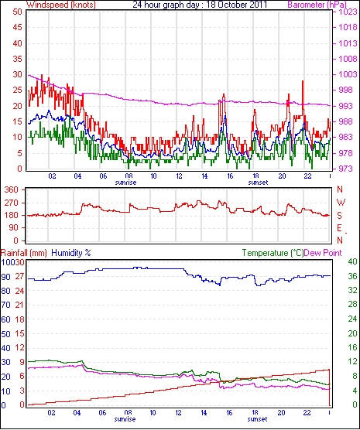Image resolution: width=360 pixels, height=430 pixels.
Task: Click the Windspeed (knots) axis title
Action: coord(61,5)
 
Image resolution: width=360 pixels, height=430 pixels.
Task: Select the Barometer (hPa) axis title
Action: coord(317,5)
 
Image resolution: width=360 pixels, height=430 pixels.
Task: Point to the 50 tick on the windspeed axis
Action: coord(17,12)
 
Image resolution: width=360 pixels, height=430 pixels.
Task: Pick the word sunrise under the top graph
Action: coord(125,183)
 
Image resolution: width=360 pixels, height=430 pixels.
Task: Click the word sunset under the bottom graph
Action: coord(257,419)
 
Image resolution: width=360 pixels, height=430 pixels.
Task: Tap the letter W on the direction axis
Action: coord(341,203)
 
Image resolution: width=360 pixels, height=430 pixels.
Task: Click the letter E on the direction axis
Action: coord(340,228)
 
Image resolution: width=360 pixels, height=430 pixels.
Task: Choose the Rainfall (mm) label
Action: coord(24,253)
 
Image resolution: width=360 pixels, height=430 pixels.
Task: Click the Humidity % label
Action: coord(71,253)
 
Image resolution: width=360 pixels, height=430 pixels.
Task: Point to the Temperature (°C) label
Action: coord(273,253)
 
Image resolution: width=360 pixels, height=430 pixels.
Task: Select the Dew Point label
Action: coord(323,253)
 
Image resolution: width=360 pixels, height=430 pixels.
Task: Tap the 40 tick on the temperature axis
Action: coord(352,261)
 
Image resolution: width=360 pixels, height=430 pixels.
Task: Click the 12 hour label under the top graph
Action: coord(179,176)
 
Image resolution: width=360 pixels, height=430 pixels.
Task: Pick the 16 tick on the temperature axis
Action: coord(352,347)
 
